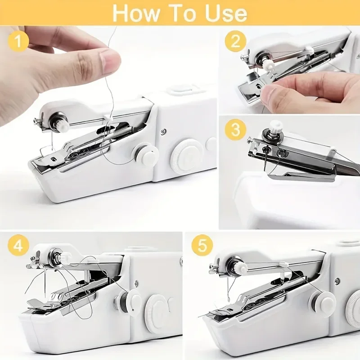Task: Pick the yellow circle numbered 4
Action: tap(18, 245)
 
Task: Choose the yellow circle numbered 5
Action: tap(202, 246)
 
